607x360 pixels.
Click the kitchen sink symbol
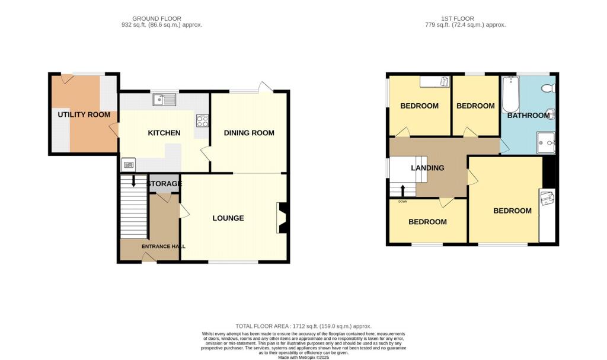point(164,100)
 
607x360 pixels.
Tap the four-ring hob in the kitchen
point(202,120)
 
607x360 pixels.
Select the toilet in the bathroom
point(549,88)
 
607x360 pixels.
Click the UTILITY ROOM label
point(84,114)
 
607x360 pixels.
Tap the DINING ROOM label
point(249,133)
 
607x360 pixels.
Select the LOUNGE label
point(228,218)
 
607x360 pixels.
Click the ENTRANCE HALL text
point(163,246)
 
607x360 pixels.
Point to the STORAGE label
point(164,184)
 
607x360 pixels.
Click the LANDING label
point(427,168)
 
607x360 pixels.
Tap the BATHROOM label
point(528,115)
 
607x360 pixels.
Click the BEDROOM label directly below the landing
point(427,222)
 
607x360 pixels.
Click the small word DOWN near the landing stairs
point(402,202)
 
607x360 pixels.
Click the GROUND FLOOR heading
point(156,18)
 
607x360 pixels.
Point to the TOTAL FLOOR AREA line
point(303,326)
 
